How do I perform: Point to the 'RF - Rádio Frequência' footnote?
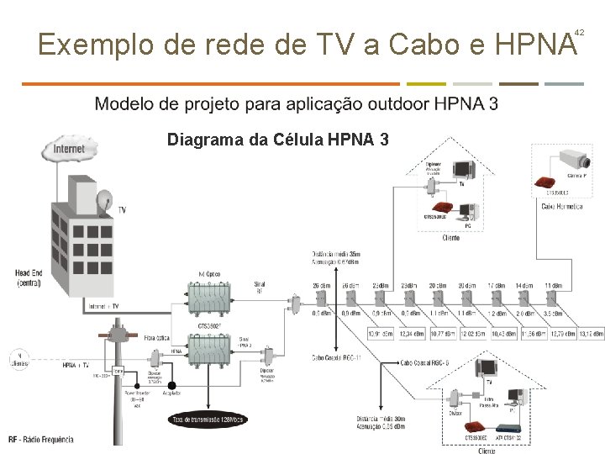41,439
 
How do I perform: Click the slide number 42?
579,32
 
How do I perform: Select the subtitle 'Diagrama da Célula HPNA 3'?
277,139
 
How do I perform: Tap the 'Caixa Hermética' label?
562,206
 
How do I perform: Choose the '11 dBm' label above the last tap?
553,286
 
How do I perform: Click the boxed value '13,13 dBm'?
592,334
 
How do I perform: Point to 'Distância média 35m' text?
336,253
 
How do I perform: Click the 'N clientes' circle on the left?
18,359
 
